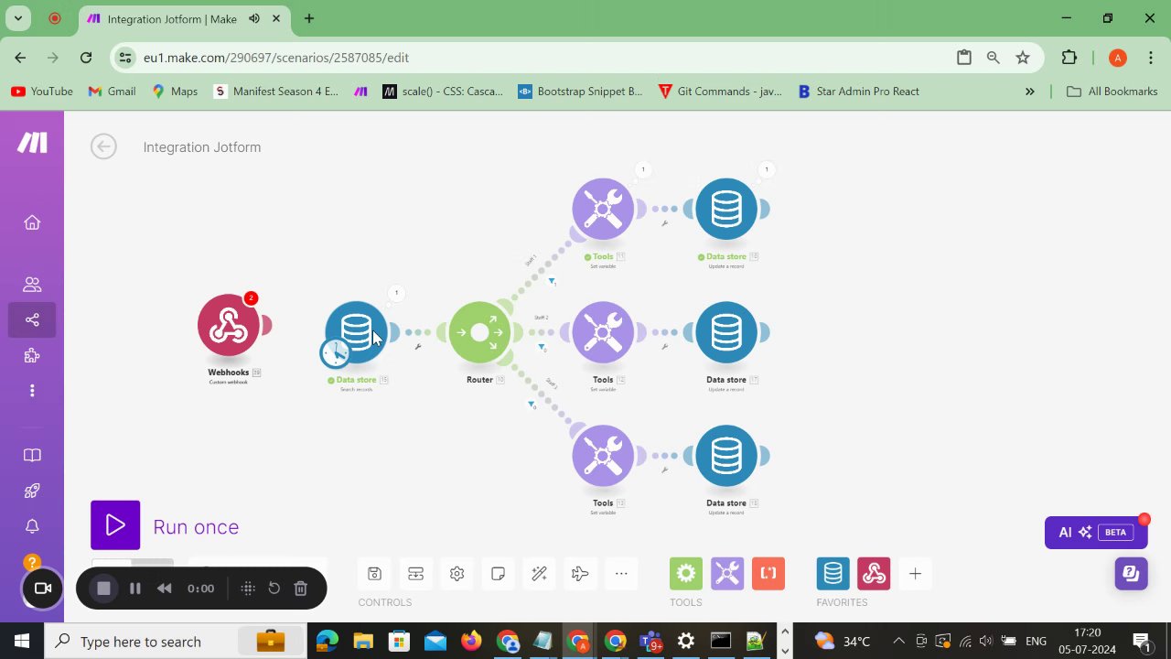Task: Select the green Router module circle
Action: pyautogui.click(x=479, y=332)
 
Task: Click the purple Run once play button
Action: pyautogui.click(x=115, y=525)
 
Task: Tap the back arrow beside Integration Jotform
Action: pyautogui.click(x=103, y=146)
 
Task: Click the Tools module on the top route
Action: pyautogui.click(x=603, y=209)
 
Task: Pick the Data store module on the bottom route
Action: pyautogui.click(x=726, y=456)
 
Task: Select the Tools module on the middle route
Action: pyautogui.click(x=603, y=332)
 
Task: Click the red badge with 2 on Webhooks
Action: pyautogui.click(x=251, y=298)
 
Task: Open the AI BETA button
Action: pyautogui.click(x=1095, y=532)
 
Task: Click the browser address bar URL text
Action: pyautogui.click(x=275, y=58)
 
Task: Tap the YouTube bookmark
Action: pyautogui.click(x=42, y=92)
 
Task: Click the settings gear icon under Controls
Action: pyautogui.click(x=457, y=574)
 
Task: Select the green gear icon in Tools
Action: pyautogui.click(x=686, y=574)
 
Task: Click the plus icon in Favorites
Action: pyautogui.click(x=915, y=574)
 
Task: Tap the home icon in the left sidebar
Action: pyautogui.click(x=32, y=222)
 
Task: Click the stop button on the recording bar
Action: pyautogui.click(x=104, y=589)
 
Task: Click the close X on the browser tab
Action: pyautogui.click(x=276, y=18)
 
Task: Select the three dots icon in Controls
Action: pyautogui.click(x=621, y=574)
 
